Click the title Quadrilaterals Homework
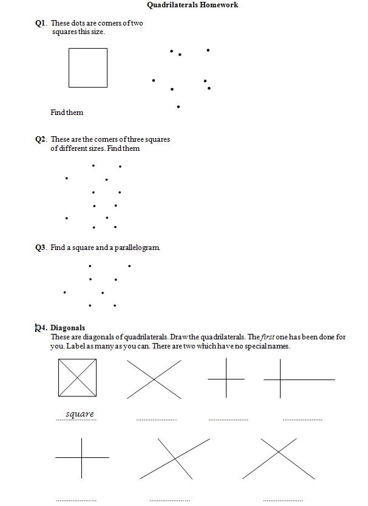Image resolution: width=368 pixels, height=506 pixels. (192, 5)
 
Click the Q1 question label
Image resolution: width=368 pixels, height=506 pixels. (41, 24)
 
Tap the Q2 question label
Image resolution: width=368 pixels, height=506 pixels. (41, 139)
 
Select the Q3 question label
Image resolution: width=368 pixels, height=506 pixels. (41, 248)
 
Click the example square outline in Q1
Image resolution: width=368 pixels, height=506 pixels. (87, 68)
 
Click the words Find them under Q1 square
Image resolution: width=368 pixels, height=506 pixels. (67, 113)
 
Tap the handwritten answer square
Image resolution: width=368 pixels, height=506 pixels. (80, 414)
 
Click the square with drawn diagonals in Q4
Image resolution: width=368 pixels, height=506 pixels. (77, 378)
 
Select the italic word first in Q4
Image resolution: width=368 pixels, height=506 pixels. (270, 337)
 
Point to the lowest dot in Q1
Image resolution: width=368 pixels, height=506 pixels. (178, 107)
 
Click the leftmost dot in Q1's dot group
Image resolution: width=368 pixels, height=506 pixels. (153, 80)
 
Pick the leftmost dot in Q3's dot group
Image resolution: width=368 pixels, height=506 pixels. (65, 292)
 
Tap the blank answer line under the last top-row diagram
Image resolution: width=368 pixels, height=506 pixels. (302, 420)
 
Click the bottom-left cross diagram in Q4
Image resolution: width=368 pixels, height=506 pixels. (82, 457)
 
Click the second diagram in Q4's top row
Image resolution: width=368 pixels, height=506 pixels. (154, 379)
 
